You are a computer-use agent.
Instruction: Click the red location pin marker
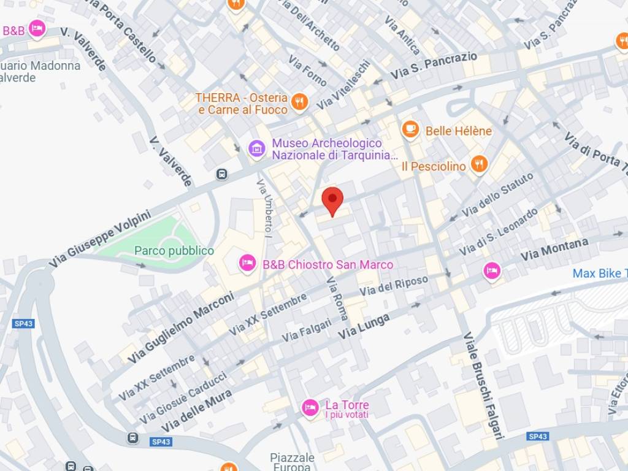pos(332,200)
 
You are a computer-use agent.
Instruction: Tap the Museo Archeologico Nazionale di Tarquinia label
pos(335,149)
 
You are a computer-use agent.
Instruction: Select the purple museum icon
pos(256,148)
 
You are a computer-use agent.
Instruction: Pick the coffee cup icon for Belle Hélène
pos(410,130)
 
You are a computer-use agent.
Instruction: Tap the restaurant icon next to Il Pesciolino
pos(479,164)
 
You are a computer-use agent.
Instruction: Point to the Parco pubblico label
pos(174,251)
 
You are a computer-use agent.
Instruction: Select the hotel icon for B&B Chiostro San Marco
pos(247,264)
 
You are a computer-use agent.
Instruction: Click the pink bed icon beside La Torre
pos(310,407)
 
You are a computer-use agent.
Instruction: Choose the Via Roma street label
pos(337,299)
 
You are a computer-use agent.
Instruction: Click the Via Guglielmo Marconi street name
pos(182,326)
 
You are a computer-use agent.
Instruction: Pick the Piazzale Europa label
pos(293,462)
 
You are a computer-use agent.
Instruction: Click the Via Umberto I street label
pos(266,209)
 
